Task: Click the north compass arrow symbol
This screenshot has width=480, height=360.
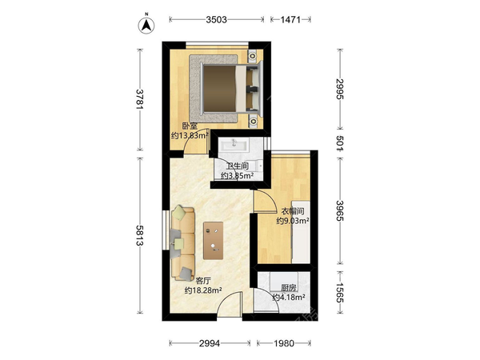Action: click(x=146, y=26)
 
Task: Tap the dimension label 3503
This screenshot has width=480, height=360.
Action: click(x=217, y=20)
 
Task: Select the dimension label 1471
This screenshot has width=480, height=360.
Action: click(x=290, y=20)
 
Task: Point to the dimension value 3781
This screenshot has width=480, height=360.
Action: click(x=139, y=99)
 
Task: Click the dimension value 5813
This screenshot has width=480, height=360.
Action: click(x=139, y=235)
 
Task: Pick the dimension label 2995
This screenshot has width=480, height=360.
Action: click(x=340, y=89)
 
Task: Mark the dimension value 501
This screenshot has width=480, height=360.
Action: click(x=340, y=143)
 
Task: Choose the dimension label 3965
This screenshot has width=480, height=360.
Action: click(x=340, y=210)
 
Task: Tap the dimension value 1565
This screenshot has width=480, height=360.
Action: click(x=340, y=292)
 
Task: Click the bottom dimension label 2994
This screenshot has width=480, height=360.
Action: click(x=210, y=343)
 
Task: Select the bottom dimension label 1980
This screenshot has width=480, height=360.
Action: click(x=284, y=343)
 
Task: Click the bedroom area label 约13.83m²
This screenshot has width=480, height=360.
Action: click(x=190, y=135)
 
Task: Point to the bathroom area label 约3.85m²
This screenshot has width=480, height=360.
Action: click(x=238, y=176)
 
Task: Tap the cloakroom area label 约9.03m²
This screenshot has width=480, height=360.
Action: click(x=293, y=221)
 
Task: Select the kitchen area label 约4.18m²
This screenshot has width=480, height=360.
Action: click(x=288, y=297)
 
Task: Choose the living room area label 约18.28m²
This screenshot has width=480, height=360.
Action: click(x=203, y=290)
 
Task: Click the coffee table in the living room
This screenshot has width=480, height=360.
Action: click(x=213, y=241)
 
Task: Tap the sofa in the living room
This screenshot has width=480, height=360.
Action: click(x=182, y=243)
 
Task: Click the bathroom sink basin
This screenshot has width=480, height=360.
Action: click(x=234, y=144)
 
